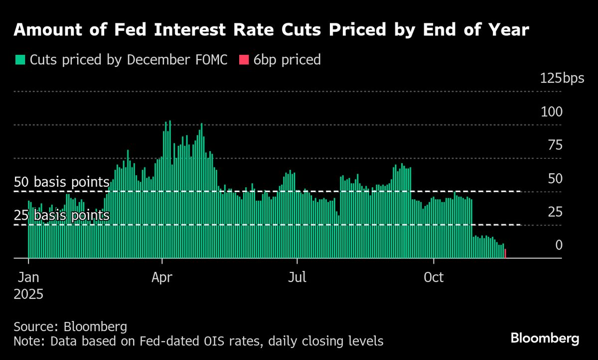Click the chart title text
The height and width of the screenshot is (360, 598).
click(271, 30)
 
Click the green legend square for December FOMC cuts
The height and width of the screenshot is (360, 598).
click(20, 60)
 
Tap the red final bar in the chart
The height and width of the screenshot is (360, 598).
click(505, 254)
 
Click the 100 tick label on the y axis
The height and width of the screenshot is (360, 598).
click(552, 112)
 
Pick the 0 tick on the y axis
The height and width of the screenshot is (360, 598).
click(559, 245)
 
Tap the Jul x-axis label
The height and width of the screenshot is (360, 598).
click(297, 277)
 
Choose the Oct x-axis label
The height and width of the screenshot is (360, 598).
click(434, 277)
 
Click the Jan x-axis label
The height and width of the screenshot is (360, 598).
click(29, 277)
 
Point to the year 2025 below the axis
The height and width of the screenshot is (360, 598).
click(28, 294)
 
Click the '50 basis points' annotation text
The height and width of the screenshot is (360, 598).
click(61, 182)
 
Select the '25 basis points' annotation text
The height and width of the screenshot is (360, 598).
click(61, 216)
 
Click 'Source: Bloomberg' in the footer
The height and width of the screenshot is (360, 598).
click(70, 327)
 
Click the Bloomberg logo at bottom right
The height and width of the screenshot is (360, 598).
click(545, 339)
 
